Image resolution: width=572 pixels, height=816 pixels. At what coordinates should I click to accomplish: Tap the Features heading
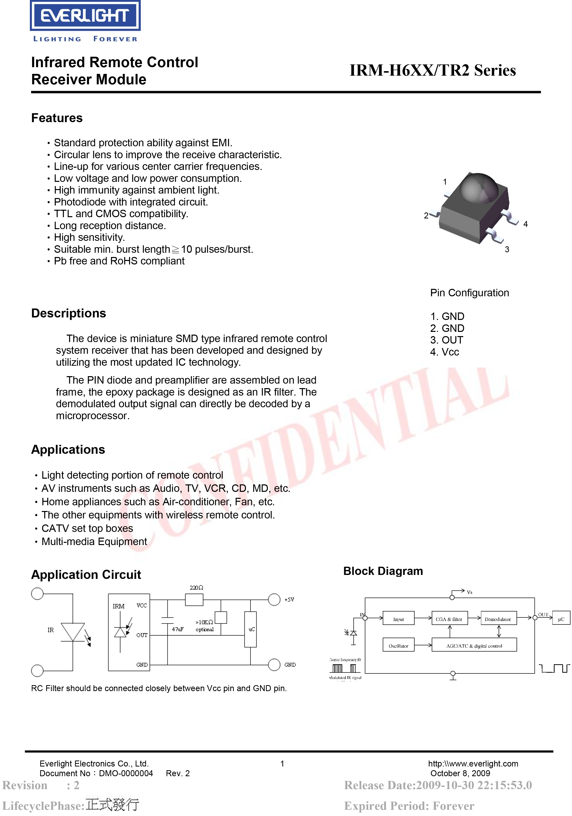click(x=57, y=118)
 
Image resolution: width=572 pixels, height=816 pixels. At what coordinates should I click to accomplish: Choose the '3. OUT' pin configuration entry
click(x=447, y=340)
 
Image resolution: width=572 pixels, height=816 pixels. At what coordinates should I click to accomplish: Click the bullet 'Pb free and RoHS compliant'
click(x=119, y=261)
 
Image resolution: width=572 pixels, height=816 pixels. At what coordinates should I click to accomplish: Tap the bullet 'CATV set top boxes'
click(x=87, y=528)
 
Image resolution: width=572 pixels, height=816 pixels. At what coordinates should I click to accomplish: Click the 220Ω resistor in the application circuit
click(x=194, y=600)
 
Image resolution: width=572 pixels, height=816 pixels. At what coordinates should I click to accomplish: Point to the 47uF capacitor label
click(x=178, y=629)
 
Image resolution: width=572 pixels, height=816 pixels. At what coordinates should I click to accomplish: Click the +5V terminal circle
click(x=274, y=600)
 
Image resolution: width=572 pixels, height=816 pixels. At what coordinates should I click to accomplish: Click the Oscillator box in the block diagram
click(x=398, y=646)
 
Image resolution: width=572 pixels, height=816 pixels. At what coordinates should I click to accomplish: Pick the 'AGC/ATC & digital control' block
click(x=474, y=646)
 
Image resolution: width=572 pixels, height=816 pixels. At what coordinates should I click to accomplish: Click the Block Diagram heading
click(x=383, y=571)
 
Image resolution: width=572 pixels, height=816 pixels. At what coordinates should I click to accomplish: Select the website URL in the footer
click(x=473, y=764)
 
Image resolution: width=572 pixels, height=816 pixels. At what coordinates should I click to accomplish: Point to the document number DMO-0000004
click(x=126, y=773)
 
